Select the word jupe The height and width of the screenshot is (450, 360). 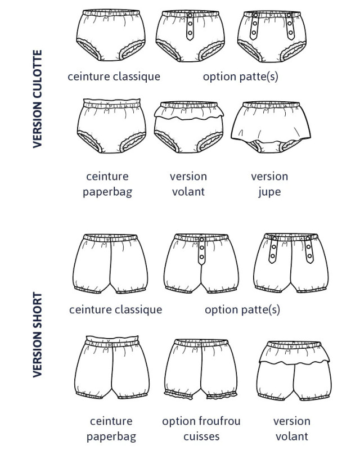pos(269,192)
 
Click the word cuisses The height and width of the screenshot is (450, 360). pos(201,436)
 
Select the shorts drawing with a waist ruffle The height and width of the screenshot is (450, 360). pos(294,371)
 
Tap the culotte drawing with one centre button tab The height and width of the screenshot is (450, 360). pos(190,36)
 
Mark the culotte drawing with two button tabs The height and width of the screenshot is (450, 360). pos(272,37)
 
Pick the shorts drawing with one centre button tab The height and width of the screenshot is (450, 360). pos(201,263)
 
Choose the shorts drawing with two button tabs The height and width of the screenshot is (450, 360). pos(291,263)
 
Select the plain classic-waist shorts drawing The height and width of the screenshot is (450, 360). pos(110,264)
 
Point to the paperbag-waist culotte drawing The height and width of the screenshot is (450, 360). pos(112,126)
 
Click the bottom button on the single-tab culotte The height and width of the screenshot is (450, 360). pos(190,33)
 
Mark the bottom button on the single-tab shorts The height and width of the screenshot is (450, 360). pos(201,257)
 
